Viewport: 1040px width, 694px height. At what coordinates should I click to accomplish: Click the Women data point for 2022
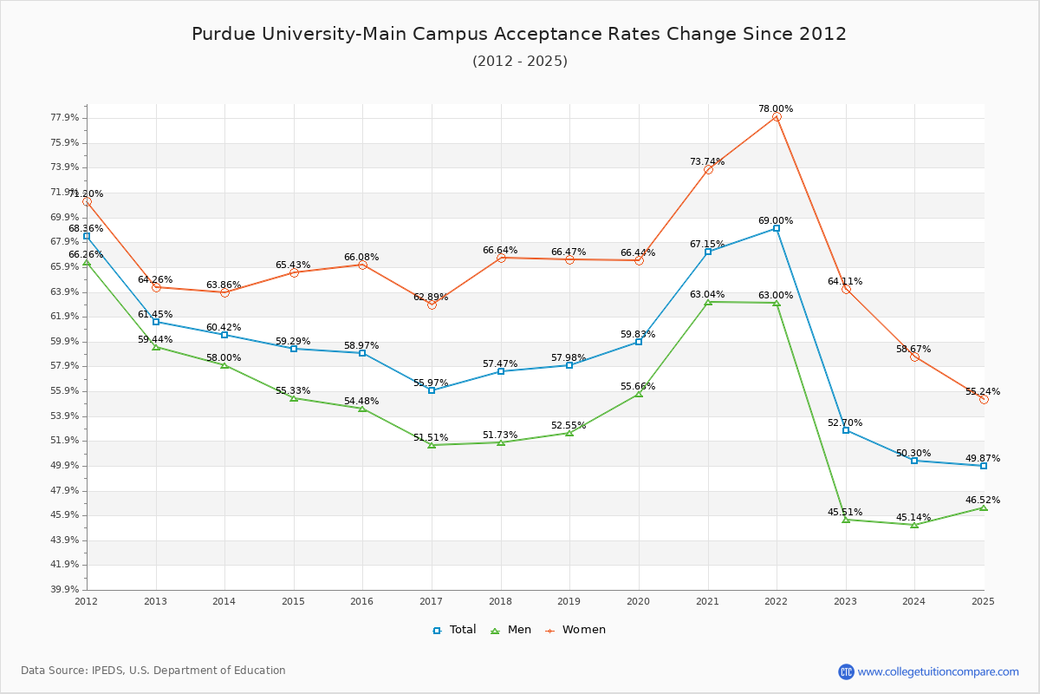click(777, 116)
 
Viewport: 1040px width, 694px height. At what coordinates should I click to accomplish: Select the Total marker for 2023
click(846, 430)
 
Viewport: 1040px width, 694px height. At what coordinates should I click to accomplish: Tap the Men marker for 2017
click(432, 445)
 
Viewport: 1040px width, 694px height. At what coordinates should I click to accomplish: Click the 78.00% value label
click(776, 109)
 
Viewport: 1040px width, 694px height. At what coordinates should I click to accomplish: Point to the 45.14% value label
click(913, 518)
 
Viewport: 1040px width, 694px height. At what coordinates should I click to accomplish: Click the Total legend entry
click(455, 630)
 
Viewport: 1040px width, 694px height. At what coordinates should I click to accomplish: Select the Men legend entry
click(511, 630)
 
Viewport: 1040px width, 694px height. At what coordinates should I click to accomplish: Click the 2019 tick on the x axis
click(569, 600)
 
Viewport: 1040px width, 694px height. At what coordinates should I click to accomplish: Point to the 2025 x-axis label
click(983, 600)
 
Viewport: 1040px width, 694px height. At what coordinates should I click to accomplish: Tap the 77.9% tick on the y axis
click(66, 118)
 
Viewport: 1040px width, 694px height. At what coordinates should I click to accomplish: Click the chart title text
click(519, 34)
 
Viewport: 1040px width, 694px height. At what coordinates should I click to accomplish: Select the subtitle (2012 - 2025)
click(519, 62)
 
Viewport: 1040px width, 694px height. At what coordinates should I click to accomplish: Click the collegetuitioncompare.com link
click(938, 671)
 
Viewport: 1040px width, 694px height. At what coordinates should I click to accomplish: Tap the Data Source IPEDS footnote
click(153, 671)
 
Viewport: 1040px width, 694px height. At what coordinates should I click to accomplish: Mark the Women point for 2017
click(432, 304)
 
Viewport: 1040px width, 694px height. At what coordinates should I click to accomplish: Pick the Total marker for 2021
click(708, 252)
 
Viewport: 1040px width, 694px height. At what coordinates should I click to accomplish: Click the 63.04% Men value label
click(707, 295)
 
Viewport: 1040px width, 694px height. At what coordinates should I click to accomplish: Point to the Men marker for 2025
click(984, 507)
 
